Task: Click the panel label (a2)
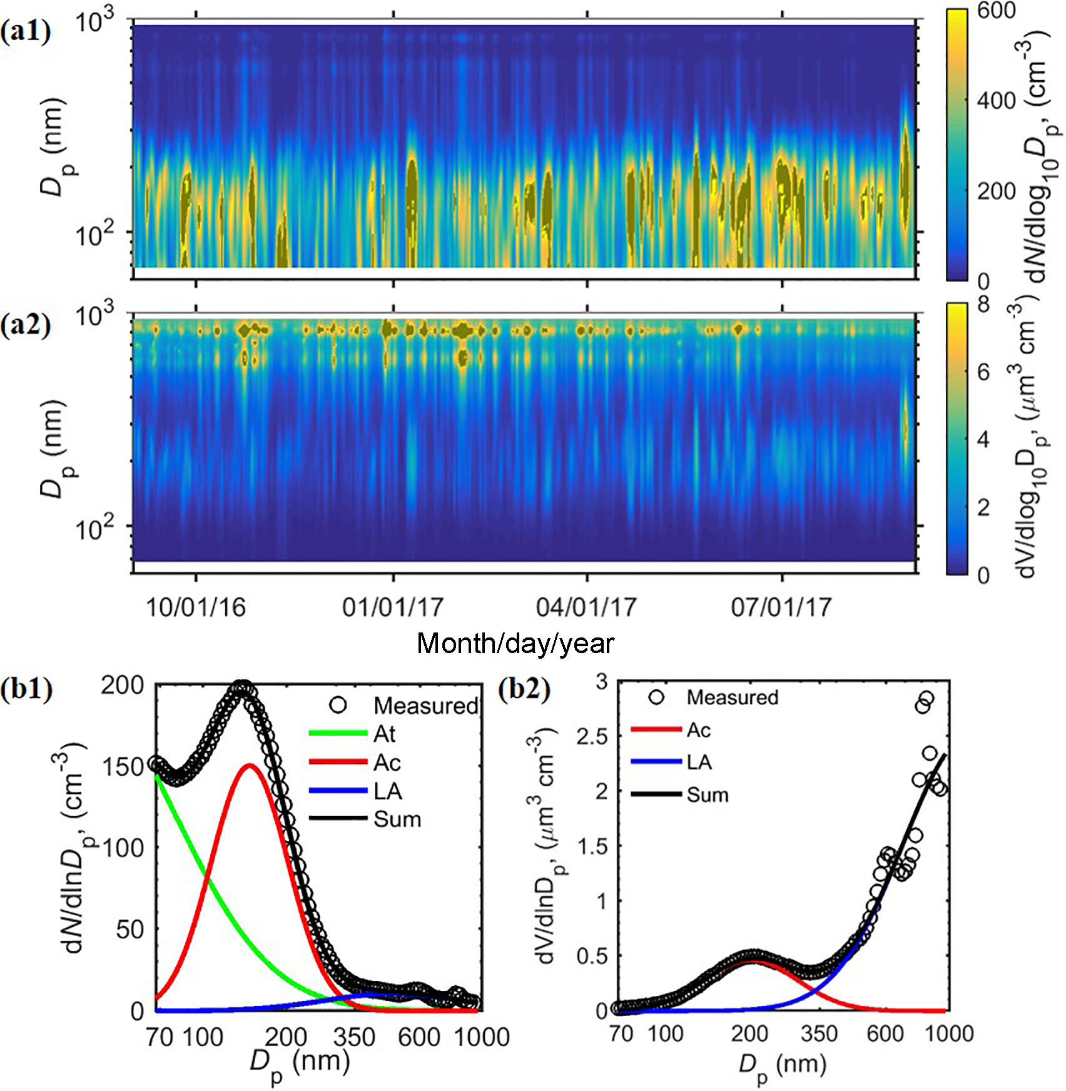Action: click(26, 325)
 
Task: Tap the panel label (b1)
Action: click(26, 689)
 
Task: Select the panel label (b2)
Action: click(525, 689)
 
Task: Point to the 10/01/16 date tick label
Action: click(196, 607)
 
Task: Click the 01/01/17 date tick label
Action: click(392, 607)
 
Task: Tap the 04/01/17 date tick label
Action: click(586, 607)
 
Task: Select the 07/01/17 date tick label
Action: click(781, 607)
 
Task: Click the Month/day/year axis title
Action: click(515, 643)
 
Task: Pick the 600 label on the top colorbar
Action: click(996, 11)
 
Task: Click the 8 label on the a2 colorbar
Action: click(983, 305)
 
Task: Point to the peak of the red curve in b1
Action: click(250, 765)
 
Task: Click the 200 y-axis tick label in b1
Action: click(123, 686)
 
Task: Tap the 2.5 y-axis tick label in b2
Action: click(592, 737)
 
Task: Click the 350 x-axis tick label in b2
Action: click(818, 1034)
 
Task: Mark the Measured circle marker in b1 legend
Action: click(338, 705)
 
